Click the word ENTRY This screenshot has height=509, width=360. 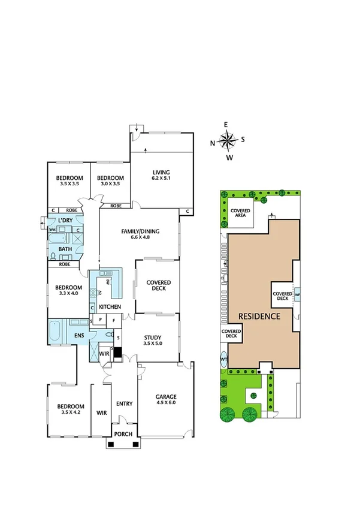click(124, 403)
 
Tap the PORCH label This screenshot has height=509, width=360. click(123, 435)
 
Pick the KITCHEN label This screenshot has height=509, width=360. click(110, 307)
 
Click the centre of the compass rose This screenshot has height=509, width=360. click(228, 141)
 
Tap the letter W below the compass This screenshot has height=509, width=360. click(229, 158)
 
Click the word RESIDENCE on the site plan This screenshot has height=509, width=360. click(259, 315)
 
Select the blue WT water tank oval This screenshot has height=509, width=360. click(224, 360)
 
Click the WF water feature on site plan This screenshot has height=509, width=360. click(297, 295)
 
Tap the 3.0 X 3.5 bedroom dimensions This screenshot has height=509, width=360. click(110, 184)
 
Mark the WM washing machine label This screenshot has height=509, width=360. click(52, 230)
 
